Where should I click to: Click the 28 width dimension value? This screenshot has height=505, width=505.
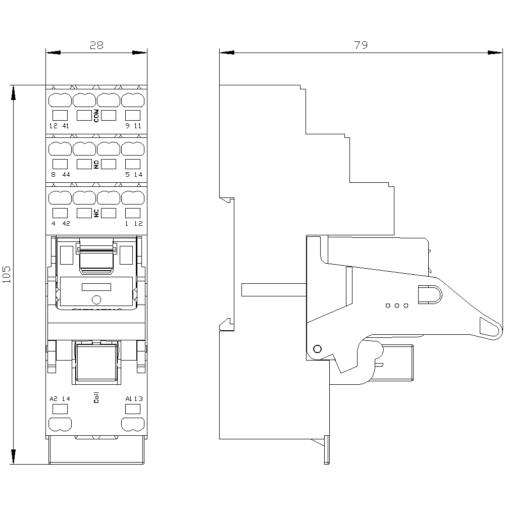pos(96,45)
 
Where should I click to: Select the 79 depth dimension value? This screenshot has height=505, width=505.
pos(361,45)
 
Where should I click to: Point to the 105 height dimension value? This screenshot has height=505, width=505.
pos(7,274)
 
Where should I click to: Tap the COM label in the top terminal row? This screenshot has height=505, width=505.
pos(96,116)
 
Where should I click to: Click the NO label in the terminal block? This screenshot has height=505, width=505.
pos(96,165)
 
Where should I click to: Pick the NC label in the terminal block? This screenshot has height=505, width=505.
pos(96,213)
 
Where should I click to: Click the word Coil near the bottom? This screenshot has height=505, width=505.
pos(96,397)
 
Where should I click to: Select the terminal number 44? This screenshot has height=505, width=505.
pos(66,175)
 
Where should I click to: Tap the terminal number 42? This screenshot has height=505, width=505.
pos(66,224)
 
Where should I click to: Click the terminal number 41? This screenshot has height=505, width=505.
pos(66,126)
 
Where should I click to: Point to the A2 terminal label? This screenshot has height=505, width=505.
pos(54,399)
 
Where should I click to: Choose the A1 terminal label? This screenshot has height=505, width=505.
pos(128,399)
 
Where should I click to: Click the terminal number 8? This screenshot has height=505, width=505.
pos(54,175)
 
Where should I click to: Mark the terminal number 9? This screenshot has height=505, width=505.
pos(128,126)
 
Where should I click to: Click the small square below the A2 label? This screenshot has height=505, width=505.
pos(60,409)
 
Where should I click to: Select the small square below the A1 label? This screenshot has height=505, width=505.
pos(133,409)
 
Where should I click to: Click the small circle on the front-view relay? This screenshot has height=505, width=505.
pos(96,300)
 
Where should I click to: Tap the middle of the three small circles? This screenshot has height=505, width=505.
pos(397,306)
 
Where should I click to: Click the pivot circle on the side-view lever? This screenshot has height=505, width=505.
pos(317,349)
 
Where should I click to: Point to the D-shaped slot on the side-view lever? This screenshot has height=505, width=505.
pos(430,294)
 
